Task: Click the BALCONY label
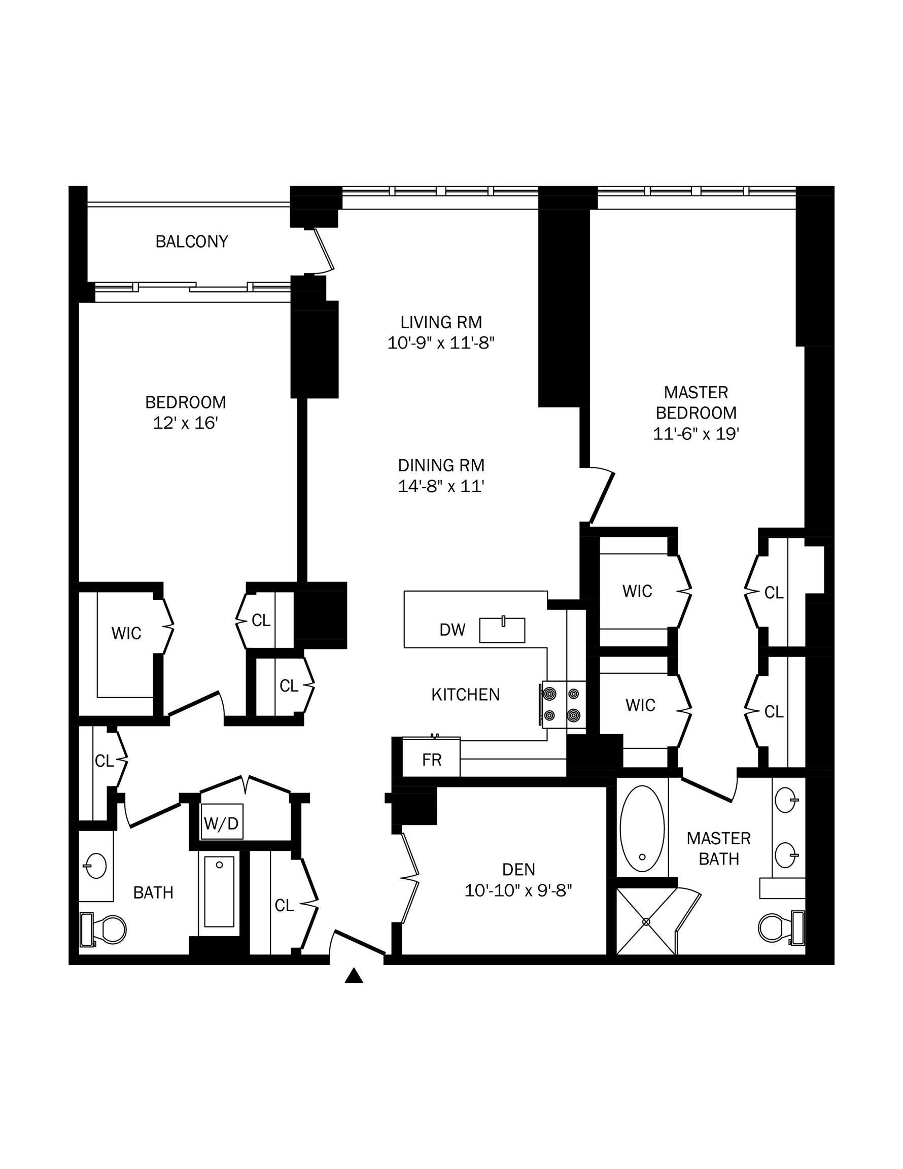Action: coord(192,242)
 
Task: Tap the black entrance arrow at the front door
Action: coord(354,976)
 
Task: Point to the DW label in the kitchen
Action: coord(453,630)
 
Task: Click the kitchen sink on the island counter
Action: coord(502,630)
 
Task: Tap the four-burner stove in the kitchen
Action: coord(563,704)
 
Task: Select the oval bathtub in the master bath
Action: coord(642,829)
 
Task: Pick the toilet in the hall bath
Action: coord(103,929)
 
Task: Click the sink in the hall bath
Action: coord(95,866)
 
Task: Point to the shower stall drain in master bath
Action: coord(646,922)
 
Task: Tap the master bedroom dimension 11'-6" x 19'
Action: coord(696,434)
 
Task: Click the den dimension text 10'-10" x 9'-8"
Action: coord(518,890)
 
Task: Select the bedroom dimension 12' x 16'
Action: coord(185,423)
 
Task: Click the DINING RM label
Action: coord(441,465)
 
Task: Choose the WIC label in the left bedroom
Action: coord(126,633)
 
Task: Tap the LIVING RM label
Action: coord(441,322)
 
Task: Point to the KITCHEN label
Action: coord(465,695)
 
